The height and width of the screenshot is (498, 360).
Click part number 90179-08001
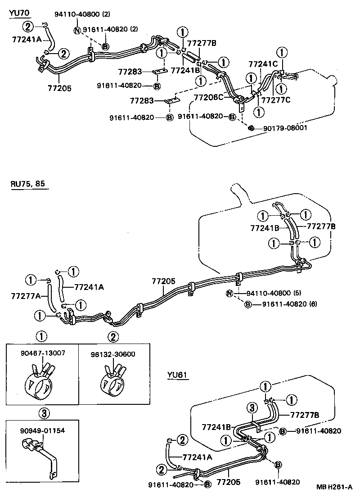tap(283, 128)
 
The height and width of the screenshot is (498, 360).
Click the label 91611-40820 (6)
tap(290, 304)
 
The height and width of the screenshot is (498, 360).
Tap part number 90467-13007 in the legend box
tap(43, 353)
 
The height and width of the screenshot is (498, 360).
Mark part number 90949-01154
tap(43, 430)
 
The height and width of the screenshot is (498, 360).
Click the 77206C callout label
tap(208, 97)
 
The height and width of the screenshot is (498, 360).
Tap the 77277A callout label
tap(26, 295)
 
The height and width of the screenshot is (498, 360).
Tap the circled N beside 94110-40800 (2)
tap(77, 30)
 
